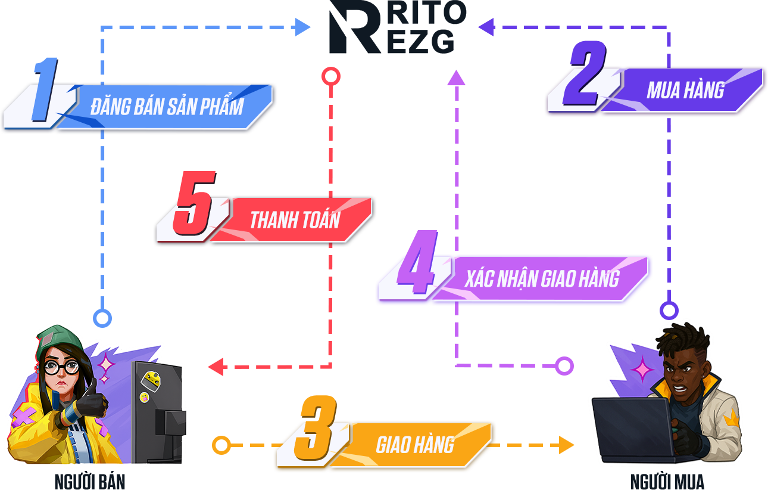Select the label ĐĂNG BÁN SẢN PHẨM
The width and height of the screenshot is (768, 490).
167,107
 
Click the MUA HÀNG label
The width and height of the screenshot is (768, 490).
685,90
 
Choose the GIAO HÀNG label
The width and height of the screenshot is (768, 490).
415,445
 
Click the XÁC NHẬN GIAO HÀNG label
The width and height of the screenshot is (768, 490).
542,278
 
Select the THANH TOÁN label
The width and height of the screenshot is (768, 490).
295,220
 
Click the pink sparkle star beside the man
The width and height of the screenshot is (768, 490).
642,370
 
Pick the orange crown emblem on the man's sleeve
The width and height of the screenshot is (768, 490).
730,420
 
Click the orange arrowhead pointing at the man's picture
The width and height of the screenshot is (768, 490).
570,445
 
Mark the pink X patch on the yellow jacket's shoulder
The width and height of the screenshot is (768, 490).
24,416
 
